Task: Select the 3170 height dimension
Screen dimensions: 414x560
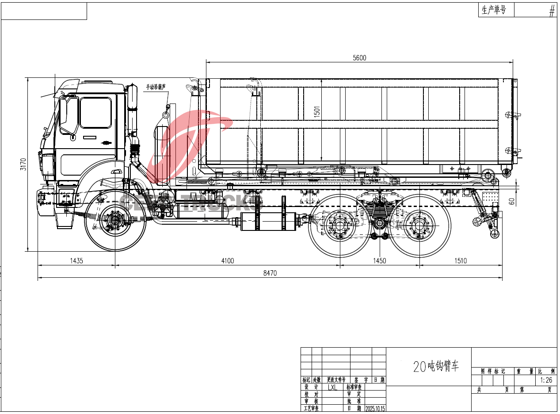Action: [24, 164]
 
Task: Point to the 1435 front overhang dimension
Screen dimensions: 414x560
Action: [76, 261]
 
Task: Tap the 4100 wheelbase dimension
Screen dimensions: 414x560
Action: [227, 261]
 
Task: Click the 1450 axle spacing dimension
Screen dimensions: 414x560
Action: [379, 261]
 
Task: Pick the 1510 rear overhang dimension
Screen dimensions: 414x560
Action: [461, 261]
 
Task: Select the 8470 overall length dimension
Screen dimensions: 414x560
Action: [270, 273]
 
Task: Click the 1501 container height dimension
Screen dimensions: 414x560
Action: [316, 112]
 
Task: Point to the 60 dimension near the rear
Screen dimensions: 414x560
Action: [512, 201]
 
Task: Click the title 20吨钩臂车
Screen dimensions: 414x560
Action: [436, 366]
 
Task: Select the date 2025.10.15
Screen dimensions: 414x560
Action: [375, 409]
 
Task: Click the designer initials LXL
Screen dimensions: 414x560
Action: [332, 387]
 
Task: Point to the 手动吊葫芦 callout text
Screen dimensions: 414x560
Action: [156, 87]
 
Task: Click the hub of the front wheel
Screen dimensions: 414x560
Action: [115, 220]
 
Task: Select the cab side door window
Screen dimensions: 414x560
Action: [95, 113]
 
